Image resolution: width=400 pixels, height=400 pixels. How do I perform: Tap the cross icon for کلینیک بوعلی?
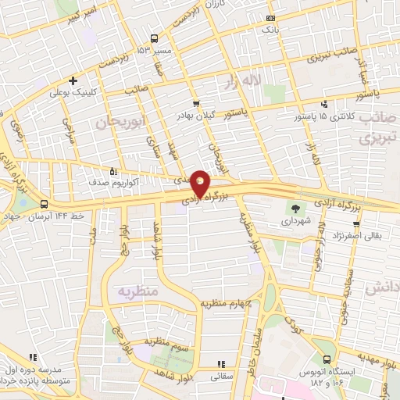[x=73, y=80]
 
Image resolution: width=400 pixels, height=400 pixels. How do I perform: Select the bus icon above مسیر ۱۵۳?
[x=154, y=38]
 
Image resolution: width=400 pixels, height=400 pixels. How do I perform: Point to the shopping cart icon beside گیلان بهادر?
[x=195, y=102]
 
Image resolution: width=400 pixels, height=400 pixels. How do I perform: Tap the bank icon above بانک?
[x=270, y=18]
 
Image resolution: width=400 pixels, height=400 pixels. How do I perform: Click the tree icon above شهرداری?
[x=295, y=208]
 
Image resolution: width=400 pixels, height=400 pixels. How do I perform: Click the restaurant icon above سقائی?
[x=220, y=364]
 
